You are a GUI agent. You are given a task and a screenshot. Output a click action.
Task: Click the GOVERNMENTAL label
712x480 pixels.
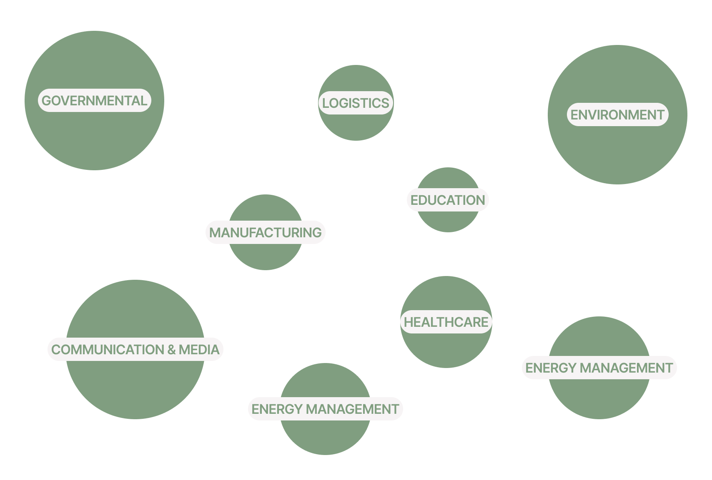(94, 101)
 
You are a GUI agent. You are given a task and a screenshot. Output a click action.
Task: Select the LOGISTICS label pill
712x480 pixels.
(356, 103)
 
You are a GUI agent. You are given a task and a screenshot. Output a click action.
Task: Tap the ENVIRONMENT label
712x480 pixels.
(617, 115)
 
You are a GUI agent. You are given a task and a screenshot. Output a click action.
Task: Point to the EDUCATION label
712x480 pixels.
(448, 200)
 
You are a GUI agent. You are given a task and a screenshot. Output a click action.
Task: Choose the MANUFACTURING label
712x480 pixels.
(266, 233)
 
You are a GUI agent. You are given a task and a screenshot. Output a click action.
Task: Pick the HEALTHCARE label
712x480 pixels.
(446, 322)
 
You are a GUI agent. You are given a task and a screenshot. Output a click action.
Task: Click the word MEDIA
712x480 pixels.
(199, 350)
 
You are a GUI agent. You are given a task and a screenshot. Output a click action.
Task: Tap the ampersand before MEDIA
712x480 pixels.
(171, 350)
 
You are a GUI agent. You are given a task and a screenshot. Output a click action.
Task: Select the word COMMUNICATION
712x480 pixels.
(108, 350)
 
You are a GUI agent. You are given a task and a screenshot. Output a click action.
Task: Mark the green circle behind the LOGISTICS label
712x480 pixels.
(356, 125)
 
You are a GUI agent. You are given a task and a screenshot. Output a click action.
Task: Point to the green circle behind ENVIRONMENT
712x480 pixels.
(617, 154)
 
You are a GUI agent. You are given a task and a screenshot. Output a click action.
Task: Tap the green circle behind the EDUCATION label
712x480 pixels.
(448, 221)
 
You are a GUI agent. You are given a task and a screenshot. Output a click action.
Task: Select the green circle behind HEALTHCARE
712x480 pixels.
(446, 350)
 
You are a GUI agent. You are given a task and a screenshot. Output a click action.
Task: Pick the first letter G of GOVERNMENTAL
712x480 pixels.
(47, 101)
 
